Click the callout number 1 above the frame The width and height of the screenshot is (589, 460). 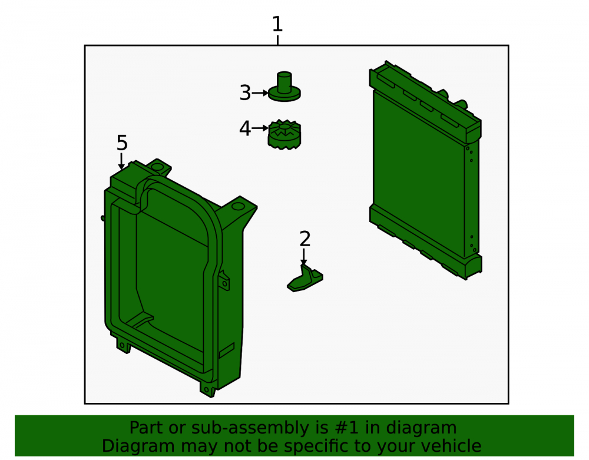[x=277, y=24]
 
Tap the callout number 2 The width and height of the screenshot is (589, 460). [x=305, y=239]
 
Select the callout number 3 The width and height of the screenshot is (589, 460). [x=245, y=92]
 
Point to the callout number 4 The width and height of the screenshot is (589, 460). [x=245, y=128]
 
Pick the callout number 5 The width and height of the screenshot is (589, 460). [x=122, y=143]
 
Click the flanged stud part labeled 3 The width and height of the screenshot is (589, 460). [x=284, y=87]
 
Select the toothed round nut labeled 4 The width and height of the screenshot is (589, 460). [x=284, y=134]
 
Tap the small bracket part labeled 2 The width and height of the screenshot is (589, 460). [x=305, y=279]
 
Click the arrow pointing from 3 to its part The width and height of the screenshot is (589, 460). [x=260, y=92]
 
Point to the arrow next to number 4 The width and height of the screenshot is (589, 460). [x=260, y=128]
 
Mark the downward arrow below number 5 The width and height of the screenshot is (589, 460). [x=121, y=161]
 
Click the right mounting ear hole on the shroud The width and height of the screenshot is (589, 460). [x=238, y=207]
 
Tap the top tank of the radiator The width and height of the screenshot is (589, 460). [x=426, y=101]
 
